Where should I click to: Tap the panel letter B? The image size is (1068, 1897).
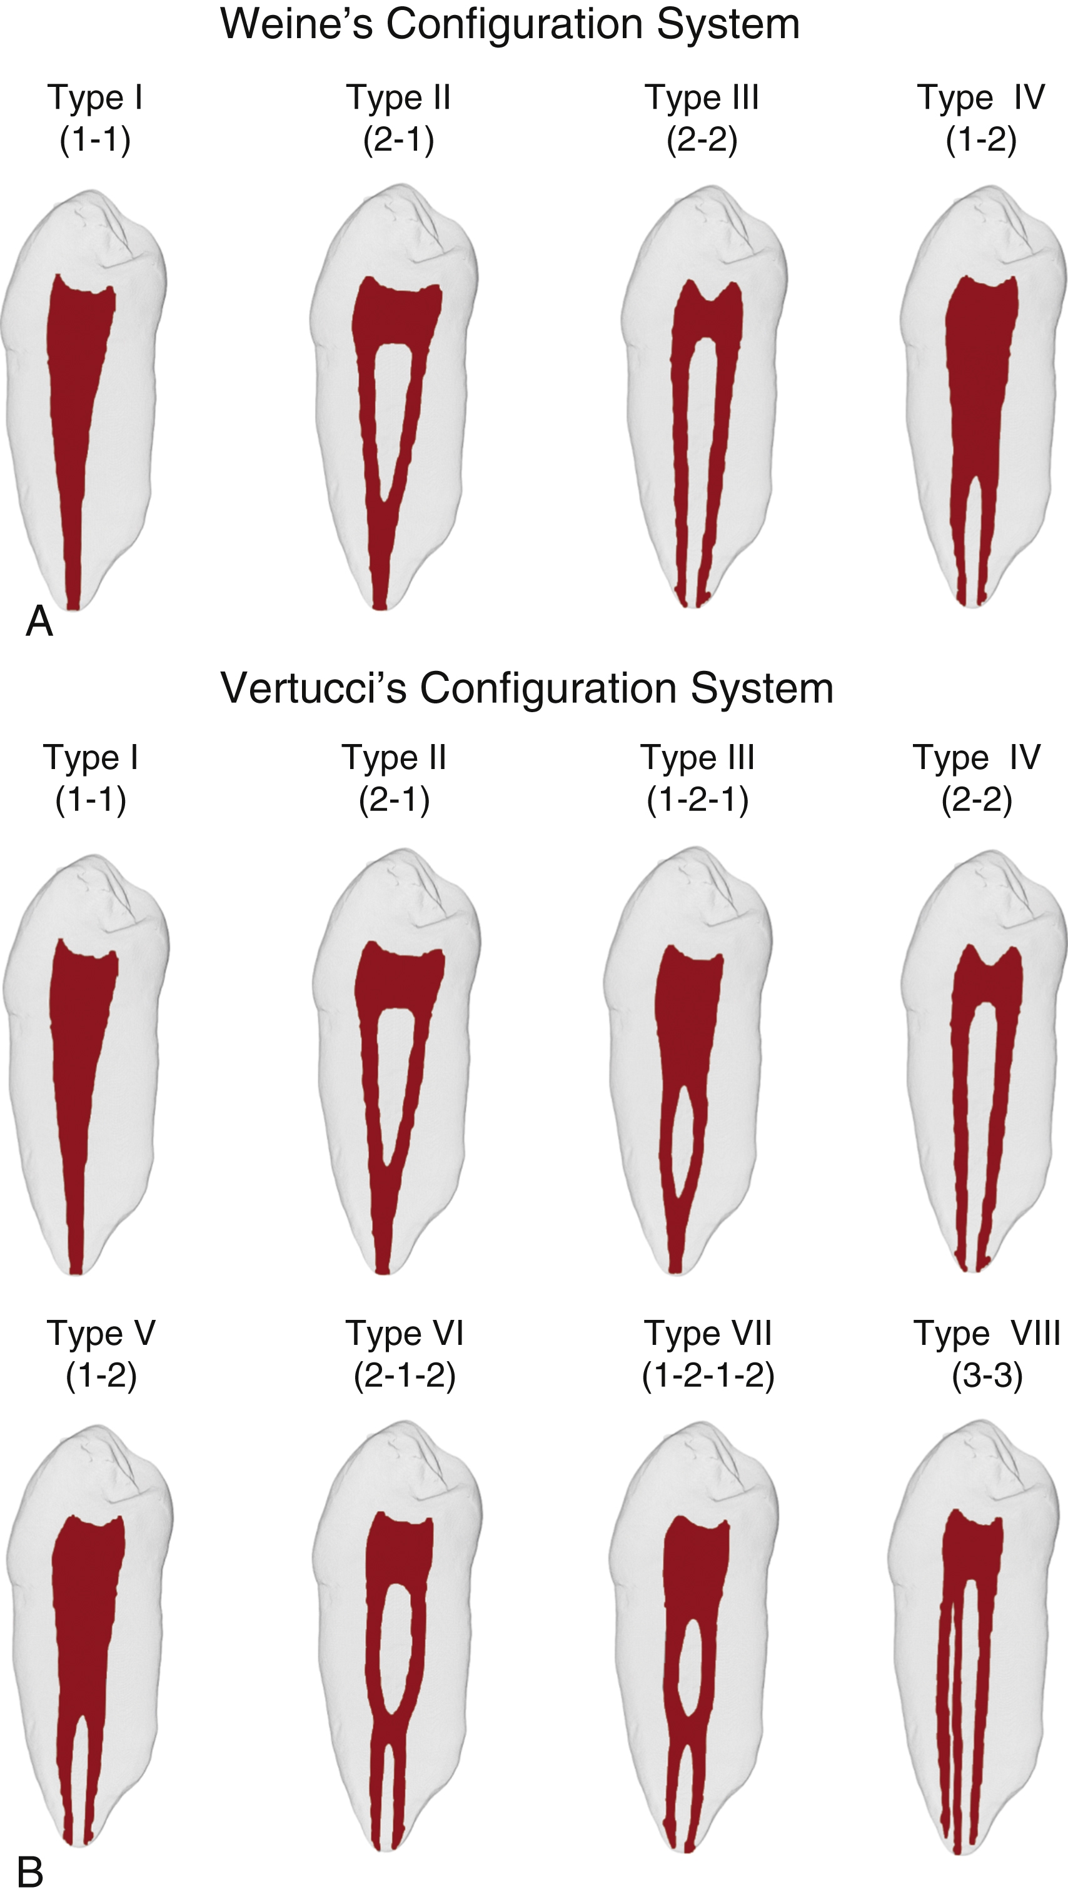30,1871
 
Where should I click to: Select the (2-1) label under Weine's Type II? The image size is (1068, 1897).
398,140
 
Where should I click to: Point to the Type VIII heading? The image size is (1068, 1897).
986,1334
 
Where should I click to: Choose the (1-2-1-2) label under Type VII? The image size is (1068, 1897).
708,1376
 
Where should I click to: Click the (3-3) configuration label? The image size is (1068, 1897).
987,1376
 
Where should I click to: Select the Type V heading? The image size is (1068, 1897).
101,1334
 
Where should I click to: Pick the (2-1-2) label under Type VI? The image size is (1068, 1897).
405,1376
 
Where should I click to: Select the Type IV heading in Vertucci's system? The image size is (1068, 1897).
977,758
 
